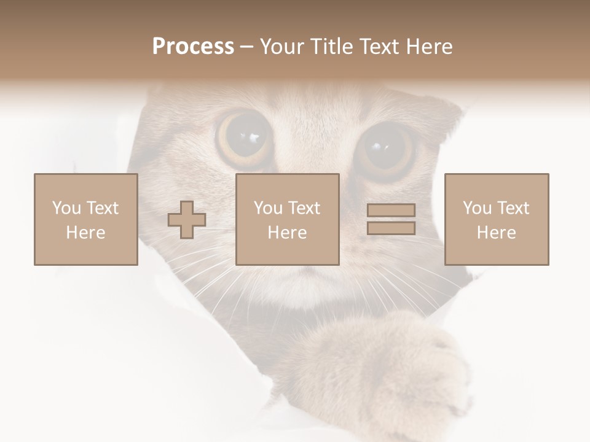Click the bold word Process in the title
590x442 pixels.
[x=193, y=47]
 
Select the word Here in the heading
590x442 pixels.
[x=430, y=47]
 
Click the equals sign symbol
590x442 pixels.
[x=391, y=219]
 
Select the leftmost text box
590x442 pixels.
[x=85, y=220]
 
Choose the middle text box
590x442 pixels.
[x=287, y=220]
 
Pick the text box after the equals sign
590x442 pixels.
[x=496, y=220]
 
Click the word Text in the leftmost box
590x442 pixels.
[x=102, y=208]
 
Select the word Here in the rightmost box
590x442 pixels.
[x=496, y=233]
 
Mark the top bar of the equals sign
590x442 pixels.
[x=391, y=210]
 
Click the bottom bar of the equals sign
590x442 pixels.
[x=391, y=228]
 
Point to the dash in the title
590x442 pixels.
[x=247, y=47]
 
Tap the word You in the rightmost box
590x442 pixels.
[x=477, y=208]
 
